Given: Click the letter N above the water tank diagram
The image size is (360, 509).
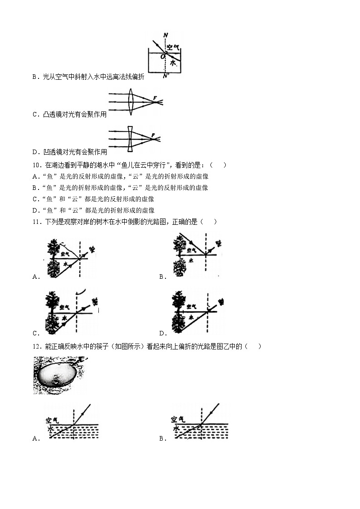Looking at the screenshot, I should click(x=165, y=35).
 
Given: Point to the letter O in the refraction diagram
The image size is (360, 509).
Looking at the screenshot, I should click(x=162, y=56).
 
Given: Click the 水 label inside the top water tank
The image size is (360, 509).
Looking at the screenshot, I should click(x=173, y=64).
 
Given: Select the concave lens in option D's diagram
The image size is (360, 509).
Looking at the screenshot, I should click(x=130, y=139).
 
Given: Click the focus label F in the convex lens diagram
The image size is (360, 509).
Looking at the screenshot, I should click(x=155, y=98).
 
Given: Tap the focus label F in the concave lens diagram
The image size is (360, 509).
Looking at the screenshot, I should click(x=153, y=135).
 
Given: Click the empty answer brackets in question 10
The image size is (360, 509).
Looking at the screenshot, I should click(x=218, y=165).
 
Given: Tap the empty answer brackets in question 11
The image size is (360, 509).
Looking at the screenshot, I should click(x=208, y=222).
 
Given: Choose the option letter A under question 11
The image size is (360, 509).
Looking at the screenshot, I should click(x=35, y=276).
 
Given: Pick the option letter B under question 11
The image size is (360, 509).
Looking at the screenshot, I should click(x=161, y=276).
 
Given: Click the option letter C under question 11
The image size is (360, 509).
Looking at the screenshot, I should click(x=35, y=333).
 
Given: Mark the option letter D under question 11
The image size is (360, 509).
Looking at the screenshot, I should click(x=161, y=333).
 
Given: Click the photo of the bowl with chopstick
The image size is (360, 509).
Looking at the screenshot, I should click(x=60, y=375).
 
